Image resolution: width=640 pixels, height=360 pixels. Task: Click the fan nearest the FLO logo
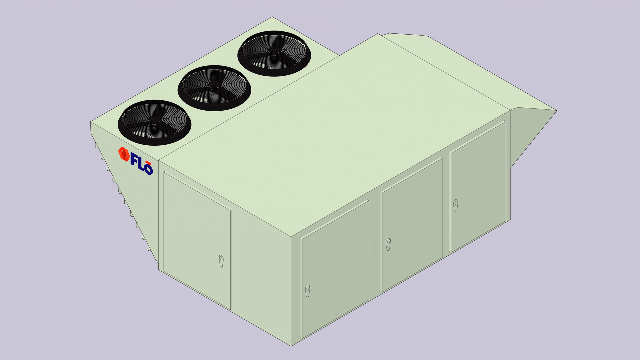click(x=154, y=122)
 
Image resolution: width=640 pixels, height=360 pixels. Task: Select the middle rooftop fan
click(x=214, y=88)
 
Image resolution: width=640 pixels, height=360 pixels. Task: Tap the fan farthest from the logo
click(x=274, y=53)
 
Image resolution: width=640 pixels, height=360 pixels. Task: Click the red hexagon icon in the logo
click(x=124, y=154)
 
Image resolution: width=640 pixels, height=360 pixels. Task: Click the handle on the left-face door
click(x=221, y=261)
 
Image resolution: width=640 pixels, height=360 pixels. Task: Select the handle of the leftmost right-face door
click(x=308, y=290)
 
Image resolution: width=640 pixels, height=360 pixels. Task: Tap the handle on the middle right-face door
click(x=388, y=244)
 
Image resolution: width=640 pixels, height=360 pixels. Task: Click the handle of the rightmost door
click(x=456, y=205)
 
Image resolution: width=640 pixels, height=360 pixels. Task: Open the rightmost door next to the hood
click(x=478, y=187)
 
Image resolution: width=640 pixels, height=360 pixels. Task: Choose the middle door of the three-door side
click(x=412, y=224)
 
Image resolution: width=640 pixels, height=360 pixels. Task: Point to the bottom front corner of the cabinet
click(x=291, y=346)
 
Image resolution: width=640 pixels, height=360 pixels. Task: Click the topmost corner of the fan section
click(x=272, y=17)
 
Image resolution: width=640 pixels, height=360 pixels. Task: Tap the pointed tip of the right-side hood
click(x=556, y=111)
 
